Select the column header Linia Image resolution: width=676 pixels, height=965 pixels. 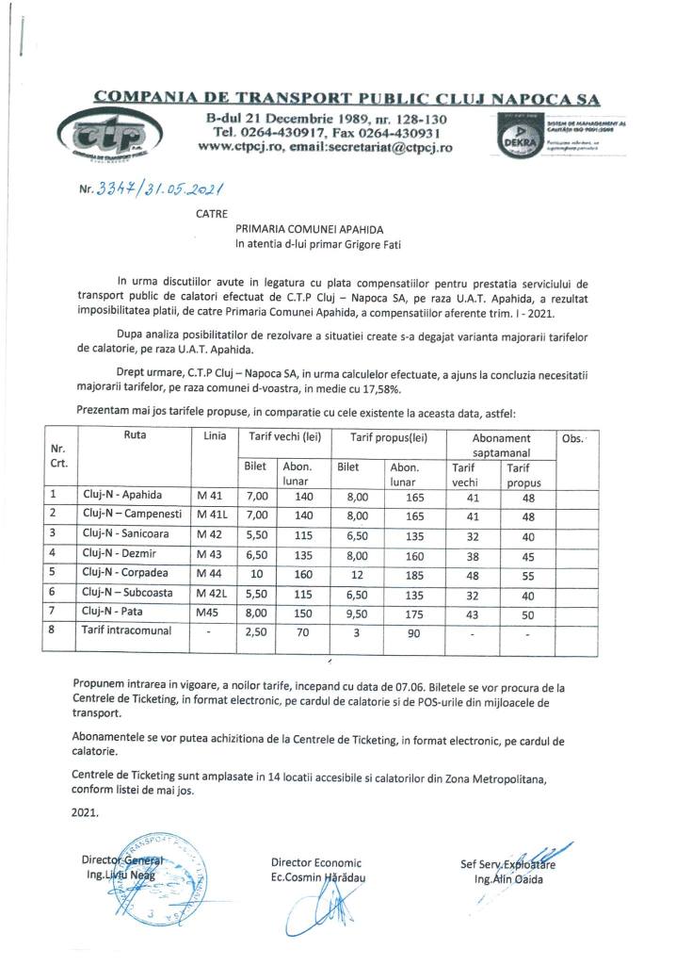(x=215, y=437)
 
